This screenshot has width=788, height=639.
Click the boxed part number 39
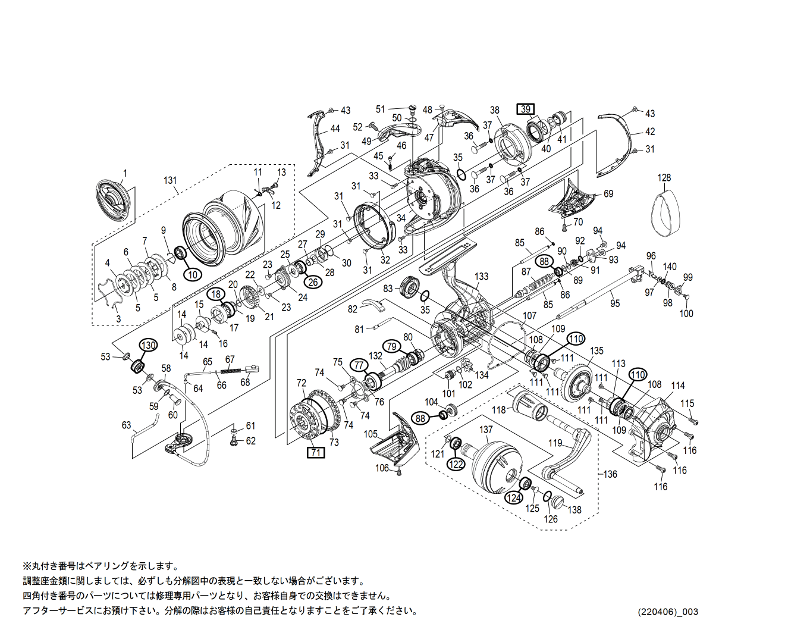[525, 109]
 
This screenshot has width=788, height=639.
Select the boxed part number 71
[316, 453]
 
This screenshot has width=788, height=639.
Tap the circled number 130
[148, 345]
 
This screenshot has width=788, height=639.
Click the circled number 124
[514, 497]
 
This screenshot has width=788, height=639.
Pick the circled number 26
[313, 281]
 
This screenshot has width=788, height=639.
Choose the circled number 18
[216, 294]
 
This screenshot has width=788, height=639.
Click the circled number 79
[391, 346]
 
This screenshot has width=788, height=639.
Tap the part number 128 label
[664, 178]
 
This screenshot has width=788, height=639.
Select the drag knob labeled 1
[112, 200]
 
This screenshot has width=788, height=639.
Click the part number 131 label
[170, 180]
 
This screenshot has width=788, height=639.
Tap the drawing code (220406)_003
[667, 612]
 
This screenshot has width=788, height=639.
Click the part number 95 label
[615, 303]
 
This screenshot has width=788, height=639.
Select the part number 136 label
[610, 474]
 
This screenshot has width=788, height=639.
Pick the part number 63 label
[126, 425]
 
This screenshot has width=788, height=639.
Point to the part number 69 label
[608, 194]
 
